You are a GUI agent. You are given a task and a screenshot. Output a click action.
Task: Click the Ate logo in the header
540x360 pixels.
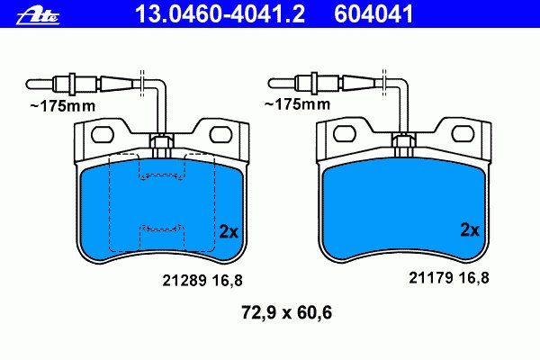tap(38, 16)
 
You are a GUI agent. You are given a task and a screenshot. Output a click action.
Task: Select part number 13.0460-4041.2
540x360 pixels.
tap(220, 14)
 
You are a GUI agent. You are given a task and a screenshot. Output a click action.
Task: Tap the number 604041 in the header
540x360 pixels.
tap(373, 14)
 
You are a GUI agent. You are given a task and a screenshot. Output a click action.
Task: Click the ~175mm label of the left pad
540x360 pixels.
tap(63, 106)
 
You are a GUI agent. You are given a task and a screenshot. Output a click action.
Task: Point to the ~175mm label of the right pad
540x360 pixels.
tap(297, 103)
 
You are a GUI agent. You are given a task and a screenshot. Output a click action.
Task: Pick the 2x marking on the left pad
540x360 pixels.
tap(229, 232)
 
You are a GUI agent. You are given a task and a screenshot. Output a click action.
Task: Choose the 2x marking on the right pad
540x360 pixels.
tap(470, 230)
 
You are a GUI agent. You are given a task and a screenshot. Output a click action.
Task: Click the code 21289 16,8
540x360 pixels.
tap(202, 281)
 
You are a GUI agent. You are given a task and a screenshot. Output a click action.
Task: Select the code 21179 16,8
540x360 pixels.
tap(449, 278)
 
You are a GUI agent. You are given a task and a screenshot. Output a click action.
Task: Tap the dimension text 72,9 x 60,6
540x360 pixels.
tap(286, 313)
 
